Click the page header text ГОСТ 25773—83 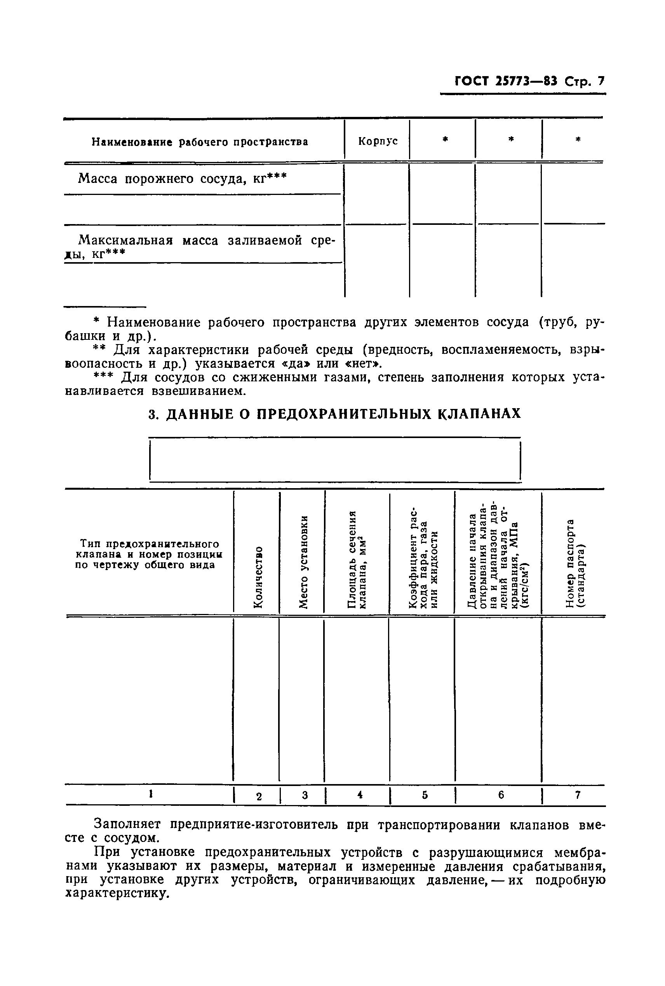click(x=507, y=81)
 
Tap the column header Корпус click(x=378, y=141)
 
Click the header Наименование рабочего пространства click(x=200, y=142)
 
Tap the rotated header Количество click(x=258, y=577)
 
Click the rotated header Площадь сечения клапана click(x=356, y=560)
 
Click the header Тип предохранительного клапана click(x=149, y=555)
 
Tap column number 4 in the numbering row click(x=360, y=795)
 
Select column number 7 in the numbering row click(x=577, y=795)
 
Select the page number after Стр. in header click(x=600, y=81)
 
